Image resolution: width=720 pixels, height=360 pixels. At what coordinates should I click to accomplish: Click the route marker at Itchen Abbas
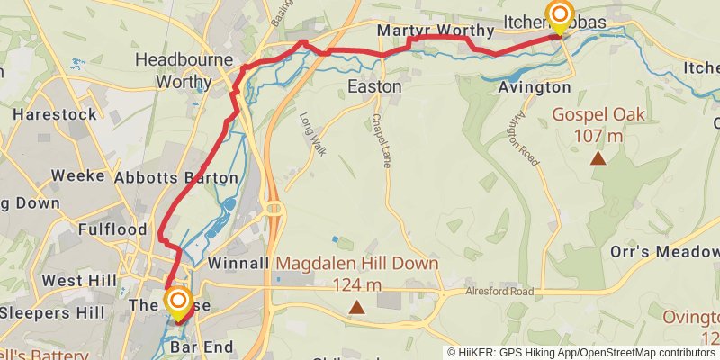click(559, 15)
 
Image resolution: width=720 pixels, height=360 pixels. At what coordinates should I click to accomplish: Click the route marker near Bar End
click(178, 301)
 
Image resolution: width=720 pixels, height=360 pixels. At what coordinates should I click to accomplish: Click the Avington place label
click(534, 87)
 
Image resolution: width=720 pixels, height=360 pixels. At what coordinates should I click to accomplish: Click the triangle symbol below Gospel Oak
click(597, 159)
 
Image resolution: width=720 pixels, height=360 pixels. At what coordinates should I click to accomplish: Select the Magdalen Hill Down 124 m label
click(357, 274)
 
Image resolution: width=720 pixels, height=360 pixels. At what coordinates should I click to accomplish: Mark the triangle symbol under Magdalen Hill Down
click(357, 308)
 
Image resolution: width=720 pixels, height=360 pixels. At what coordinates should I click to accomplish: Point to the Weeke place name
click(78, 175)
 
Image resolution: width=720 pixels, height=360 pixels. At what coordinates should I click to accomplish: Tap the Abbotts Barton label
click(175, 178)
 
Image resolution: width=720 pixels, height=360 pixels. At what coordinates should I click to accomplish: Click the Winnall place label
click(238, 264)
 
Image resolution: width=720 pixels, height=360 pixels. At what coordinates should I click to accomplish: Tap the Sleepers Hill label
click(53, 313)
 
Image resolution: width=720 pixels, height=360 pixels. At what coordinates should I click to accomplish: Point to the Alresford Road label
click(499, 292)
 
